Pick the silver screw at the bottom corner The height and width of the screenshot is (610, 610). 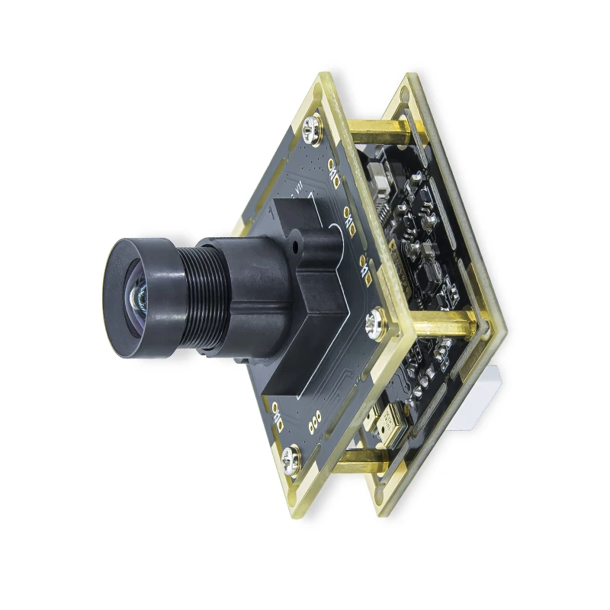292,460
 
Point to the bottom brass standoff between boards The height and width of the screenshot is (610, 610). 358,462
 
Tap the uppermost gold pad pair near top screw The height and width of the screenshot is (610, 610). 333,171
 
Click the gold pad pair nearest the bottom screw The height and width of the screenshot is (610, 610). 274,416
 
